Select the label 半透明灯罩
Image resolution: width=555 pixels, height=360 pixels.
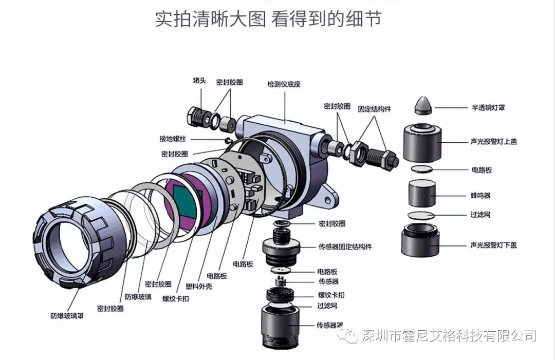coord(488,108)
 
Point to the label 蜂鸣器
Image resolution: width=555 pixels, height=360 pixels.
coord(480,196)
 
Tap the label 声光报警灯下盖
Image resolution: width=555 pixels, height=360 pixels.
coord(493,245)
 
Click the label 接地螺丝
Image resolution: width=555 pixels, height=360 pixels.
coord(174,139)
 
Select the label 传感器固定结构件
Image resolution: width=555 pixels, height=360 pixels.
coord(345,247)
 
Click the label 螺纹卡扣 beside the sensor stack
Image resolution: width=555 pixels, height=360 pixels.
coord(331,295)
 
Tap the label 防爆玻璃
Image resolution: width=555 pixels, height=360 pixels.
coord(138,297)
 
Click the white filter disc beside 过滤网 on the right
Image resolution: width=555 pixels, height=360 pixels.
coord(421,215)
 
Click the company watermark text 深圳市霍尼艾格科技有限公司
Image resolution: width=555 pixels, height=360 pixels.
coord(449,336)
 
